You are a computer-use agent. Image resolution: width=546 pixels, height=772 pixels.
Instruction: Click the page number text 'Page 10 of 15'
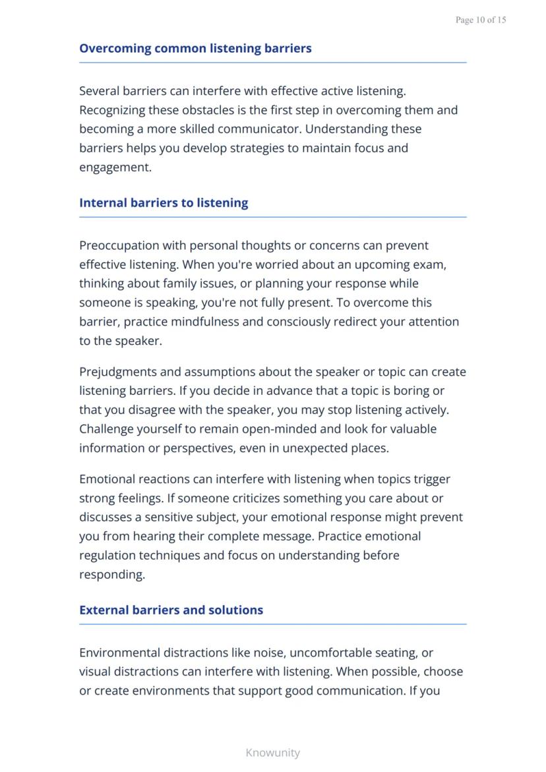coord(481,20)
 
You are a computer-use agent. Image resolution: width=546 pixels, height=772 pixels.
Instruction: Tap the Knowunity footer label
coord(272,752)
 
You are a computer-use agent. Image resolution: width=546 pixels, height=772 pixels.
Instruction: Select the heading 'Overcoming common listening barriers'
coord(195,48)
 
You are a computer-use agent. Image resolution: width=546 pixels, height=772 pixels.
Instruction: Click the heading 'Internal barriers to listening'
coord(164,202)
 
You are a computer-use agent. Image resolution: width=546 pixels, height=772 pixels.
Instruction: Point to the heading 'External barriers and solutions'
coord(171,610)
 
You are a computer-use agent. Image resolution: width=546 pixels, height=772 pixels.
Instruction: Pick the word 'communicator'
coord(258,129)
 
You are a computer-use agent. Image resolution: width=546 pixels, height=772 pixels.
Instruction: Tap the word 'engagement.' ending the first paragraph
coord(115,167)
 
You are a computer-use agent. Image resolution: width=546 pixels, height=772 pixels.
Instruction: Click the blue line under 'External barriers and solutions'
coord(272,624)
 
